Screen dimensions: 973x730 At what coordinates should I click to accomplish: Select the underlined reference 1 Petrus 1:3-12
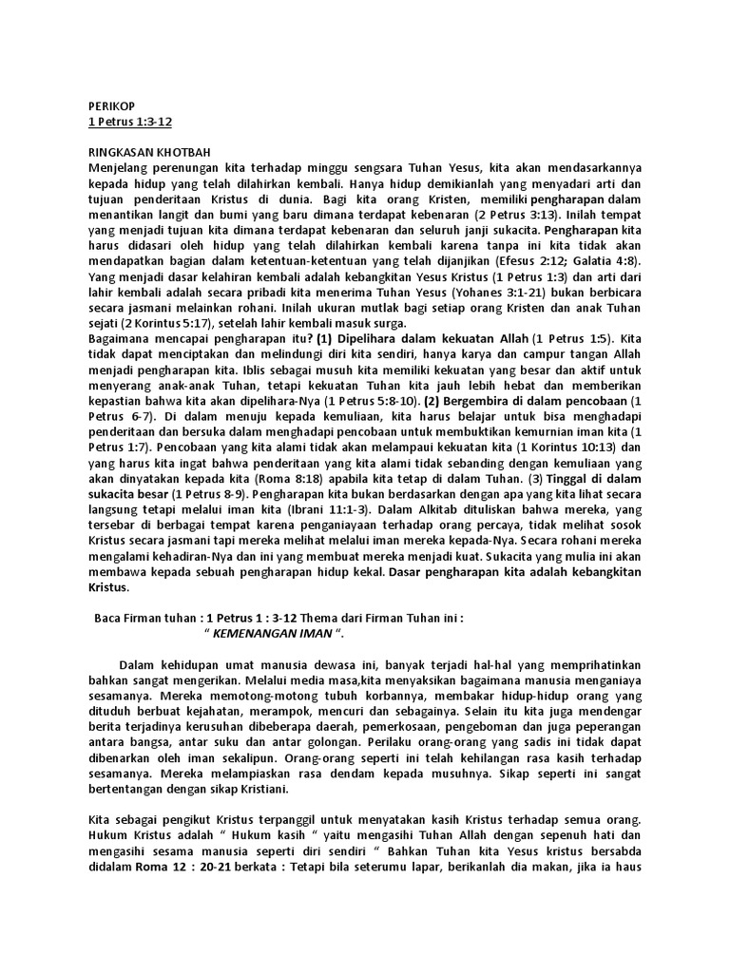(x=128, y=123)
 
